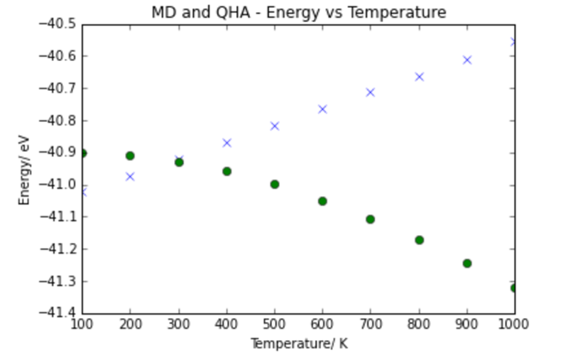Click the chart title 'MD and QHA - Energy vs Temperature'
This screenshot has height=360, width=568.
299,13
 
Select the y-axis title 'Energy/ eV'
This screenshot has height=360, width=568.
24,170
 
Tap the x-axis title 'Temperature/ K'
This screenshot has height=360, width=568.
299,344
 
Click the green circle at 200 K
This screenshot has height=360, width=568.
130,156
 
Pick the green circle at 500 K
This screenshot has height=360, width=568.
275,185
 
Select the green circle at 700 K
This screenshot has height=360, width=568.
370,219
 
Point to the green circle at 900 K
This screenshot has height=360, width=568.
467,263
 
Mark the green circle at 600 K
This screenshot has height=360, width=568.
322,201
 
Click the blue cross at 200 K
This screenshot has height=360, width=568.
130,177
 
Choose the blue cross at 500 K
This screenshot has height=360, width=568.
275,126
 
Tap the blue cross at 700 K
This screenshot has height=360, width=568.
370,92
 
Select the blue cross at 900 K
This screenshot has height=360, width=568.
467,60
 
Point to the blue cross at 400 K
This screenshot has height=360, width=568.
226,143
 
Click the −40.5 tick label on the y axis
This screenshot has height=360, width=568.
58,24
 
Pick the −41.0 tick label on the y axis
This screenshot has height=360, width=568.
58,185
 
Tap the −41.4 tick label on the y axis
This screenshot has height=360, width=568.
58,313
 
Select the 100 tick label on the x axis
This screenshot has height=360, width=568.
82,324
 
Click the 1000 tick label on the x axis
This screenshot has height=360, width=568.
513,324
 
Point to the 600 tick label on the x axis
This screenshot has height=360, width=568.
322,324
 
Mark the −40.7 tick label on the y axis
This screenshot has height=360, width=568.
58,88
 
